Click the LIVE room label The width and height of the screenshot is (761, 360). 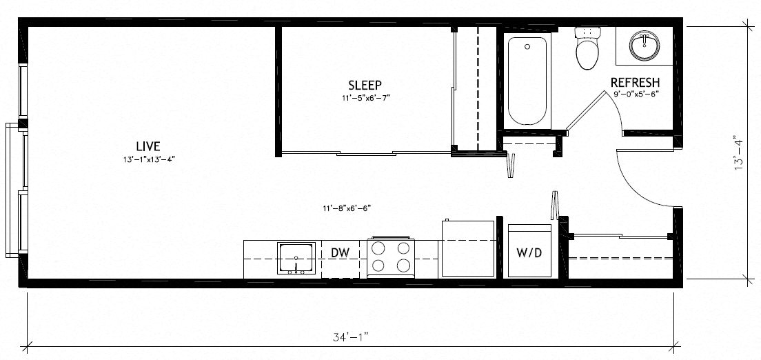pyautogui.click(x=148, y=146)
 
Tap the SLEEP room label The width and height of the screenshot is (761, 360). pyautogui.click(x=365, y=85)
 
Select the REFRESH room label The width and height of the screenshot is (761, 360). pyautogui.click(x=636, y=82)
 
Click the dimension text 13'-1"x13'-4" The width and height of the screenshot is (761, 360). pyautogui.click(x=148, y=161)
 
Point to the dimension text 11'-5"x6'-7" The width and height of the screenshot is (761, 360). pyautogui.click(x=365, y=98)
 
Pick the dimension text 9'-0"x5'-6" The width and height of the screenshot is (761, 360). pyautogui.click(x=635, y=94)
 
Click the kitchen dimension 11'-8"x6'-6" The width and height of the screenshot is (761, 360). pyautogui.click(x=351, y=208)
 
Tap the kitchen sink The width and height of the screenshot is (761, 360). pyautogui.click(x=296, y=259)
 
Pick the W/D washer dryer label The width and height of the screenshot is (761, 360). pyautogui.click(x=529, y=253)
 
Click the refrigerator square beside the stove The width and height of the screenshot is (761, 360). pyautogui.click(x=468, y=248)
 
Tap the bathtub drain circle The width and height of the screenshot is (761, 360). pyautogui.click(x=527, y=48)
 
